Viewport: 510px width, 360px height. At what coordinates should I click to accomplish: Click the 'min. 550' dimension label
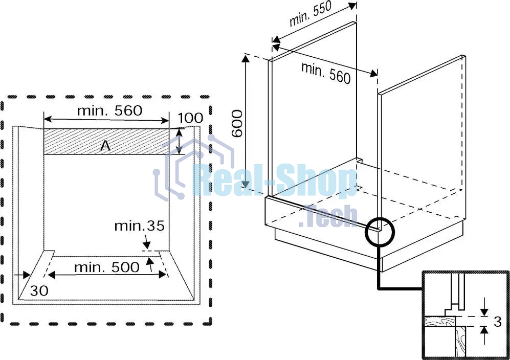click(311, 14)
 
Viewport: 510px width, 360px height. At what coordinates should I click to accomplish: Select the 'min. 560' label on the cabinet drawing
click(326, 73)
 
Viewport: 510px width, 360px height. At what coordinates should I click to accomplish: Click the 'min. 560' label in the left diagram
click(109, 110)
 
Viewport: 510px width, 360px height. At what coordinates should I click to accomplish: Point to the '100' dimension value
click(190, 119)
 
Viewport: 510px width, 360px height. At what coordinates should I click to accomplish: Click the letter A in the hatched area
click(105, 146)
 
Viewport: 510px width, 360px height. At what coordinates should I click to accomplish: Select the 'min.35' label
click(139, 226)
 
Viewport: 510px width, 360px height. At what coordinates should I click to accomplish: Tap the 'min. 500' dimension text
click(106, 267)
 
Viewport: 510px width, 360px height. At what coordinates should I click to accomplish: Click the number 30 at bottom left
click(39, 291)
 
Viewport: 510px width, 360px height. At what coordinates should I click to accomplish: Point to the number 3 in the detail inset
click(497, 322)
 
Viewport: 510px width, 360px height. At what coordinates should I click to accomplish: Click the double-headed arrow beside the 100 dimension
click(179, 142)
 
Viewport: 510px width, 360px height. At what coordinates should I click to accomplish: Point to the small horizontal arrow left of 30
click(23, 275)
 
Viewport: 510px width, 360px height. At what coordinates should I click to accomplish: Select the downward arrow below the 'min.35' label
click(146, 241)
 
